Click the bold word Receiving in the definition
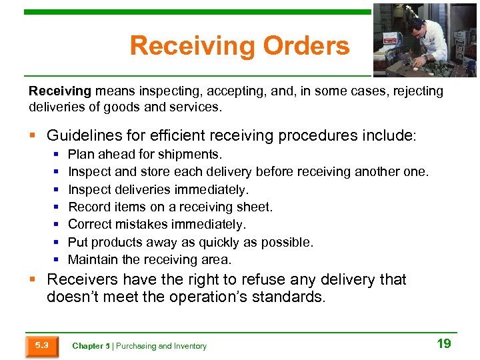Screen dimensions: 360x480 59,91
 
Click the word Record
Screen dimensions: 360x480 89,207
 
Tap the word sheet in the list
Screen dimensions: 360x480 256,207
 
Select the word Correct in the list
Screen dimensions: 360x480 89,225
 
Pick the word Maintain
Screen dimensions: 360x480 92,259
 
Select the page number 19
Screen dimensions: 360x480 443,344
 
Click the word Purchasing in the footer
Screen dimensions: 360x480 135,346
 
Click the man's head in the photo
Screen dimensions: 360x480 415,25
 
